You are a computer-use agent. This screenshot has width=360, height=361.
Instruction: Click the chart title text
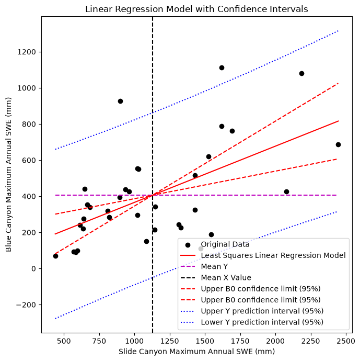tap(196, 9)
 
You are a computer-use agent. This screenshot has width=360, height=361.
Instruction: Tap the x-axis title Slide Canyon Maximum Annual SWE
tap(196, 352)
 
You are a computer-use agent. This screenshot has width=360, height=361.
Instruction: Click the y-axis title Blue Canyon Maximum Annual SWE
tap(8, 175)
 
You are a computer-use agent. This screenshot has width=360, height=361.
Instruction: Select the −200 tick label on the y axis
tap(26, 305)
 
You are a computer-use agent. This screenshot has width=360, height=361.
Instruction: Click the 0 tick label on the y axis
tap(34, 269)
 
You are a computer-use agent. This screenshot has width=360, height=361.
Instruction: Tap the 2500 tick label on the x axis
tap(346, 341)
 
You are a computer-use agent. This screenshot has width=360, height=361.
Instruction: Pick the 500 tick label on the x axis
tap(64, 341)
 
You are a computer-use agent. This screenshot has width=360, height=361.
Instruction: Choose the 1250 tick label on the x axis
tap(170, 341)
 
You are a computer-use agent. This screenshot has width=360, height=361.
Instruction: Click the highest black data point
tap(222, 67)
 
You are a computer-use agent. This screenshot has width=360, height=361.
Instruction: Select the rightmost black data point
tap(338, 144)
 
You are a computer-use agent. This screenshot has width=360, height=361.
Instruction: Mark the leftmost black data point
tap(55, 256)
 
